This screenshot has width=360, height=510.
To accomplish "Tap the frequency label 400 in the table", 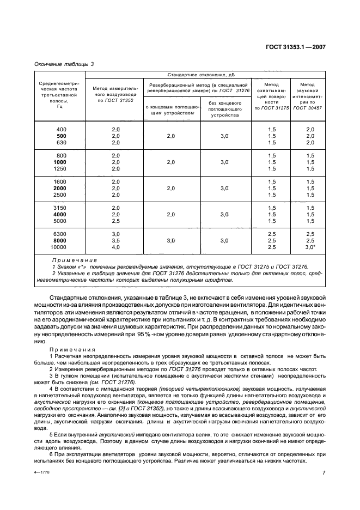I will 61,129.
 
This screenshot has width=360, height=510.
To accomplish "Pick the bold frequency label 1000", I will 61,162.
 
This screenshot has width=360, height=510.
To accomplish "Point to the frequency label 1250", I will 61,169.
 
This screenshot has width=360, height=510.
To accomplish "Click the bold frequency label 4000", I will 61,215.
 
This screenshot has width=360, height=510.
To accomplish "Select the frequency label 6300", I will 61,234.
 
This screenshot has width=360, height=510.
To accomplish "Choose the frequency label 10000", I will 61,247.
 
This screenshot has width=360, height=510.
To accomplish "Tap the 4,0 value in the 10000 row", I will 115,247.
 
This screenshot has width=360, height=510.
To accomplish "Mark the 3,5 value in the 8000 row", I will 115,241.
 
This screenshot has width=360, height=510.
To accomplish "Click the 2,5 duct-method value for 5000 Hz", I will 115,221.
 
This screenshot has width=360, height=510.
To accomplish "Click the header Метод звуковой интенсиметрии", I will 307,96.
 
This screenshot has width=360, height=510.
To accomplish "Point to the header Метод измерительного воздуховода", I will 115,93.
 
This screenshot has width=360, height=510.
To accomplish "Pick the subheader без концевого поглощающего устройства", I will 224,109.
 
